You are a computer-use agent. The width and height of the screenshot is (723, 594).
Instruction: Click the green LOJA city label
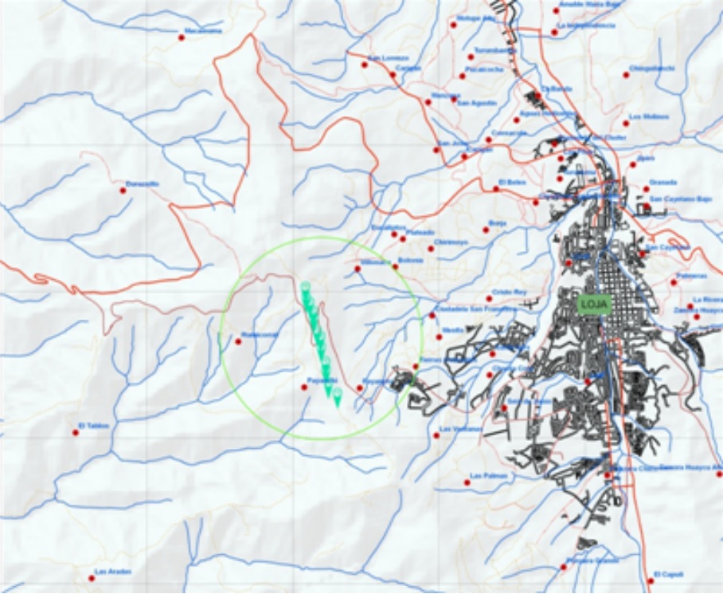pyautogui.click(x=595, y=304)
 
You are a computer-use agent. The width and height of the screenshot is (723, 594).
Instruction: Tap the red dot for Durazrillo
pyautogui.click(x=123, y=190)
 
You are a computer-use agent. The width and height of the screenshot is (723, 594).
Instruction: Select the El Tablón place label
pyautogui.click(x=92, y=425)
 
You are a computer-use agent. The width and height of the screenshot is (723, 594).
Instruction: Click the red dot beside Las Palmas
pyautogui.click(x=467, y=482)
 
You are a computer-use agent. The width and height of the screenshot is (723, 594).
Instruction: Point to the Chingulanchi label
pyautogui.click(x=652, y=68)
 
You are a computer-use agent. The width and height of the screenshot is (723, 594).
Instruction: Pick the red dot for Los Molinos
pyautogui.click(x=626, y=123)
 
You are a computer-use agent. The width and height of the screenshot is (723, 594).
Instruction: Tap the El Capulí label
pyautogui.click(x=668, y=573)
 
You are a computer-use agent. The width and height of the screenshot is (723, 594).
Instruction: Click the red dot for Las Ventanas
pyautogui.click(x=436, y=435)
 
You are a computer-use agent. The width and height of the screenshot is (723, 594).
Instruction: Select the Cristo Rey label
pyautogui.click(x=509, y=292)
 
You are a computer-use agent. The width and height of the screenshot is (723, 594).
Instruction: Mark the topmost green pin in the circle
pyautogui.click(x=305, y=287)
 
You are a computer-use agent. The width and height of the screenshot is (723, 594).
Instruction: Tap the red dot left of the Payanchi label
pyautogui.click(x=304, y=387)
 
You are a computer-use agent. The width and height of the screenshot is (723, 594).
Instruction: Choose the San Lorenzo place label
pyautogui.click(x=389, y=58)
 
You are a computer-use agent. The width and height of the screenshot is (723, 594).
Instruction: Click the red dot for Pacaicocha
pyautogui.click(x=462, y=76)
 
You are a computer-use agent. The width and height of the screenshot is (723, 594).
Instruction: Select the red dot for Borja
pyautogui.click(x=486, y=230)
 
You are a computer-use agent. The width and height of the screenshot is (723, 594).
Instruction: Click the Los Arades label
pyautogui.click(x=113, y=571)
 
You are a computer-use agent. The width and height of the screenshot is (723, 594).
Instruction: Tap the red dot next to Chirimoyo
pyautogui.click(x=431, y=249)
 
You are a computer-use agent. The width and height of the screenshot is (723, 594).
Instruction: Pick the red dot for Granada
pyautogui.click(x=646, y=189)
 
